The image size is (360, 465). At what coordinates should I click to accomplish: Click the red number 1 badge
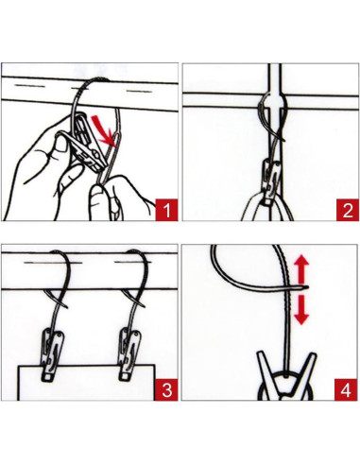point(166,210)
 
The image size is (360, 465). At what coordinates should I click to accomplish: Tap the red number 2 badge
point(348,210)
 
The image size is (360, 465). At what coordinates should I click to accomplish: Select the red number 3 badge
point(166,390)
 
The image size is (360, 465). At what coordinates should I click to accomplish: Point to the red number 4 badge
point(347,390)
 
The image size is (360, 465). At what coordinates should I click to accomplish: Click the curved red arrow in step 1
point(102,129)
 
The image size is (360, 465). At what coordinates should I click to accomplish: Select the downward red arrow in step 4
point(301,309)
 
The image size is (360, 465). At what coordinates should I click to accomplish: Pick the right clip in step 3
point(129,353)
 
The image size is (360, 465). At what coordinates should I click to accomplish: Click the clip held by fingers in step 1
point(85,145)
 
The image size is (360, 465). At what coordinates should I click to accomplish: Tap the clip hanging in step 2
point(271,182)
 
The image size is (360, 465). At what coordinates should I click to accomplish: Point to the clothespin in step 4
point(285,376)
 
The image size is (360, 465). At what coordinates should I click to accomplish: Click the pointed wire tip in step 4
point(307,286)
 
